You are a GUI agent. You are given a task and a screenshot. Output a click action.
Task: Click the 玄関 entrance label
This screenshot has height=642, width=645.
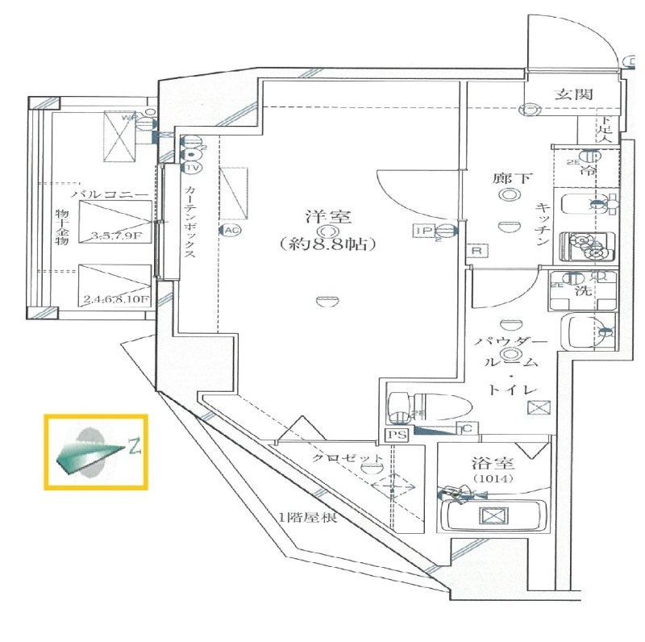pos(574,94)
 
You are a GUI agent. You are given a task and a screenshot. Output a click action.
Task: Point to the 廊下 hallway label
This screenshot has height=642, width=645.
pos(511,178)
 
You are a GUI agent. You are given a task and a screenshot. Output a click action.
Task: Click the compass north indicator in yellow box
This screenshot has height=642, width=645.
pos(95,452)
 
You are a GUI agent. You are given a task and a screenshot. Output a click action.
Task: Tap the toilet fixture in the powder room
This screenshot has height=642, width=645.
pos(422,406)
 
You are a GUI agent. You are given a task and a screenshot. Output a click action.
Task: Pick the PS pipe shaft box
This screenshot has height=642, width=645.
pos(395,434)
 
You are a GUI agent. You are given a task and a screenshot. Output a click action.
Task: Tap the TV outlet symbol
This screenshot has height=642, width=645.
pos(192,168)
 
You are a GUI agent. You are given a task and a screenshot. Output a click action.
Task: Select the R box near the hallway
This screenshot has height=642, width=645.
pos(477,252)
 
